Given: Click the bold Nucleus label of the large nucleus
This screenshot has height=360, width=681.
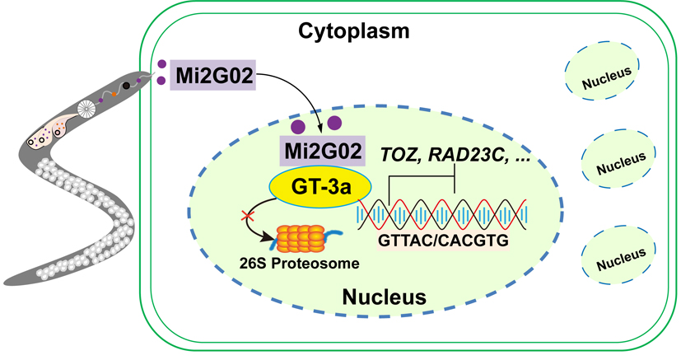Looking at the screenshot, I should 384,296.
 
